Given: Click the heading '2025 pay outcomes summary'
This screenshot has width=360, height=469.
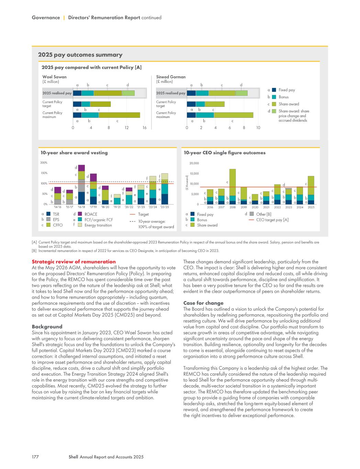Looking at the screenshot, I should [80, 55].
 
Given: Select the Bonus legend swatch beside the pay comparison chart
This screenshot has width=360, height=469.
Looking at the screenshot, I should [274, 97].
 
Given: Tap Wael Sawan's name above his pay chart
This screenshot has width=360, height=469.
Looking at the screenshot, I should [54, 77].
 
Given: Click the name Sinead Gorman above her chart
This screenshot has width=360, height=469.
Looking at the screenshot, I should [171, 77].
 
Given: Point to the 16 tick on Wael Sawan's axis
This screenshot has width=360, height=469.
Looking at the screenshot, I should [144, 128].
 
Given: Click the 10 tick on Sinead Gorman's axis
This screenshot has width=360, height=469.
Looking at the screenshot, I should [258, 128].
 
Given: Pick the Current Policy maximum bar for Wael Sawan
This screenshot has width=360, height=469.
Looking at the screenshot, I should [106, 115].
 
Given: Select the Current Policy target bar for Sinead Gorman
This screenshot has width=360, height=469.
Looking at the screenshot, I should [205, 104].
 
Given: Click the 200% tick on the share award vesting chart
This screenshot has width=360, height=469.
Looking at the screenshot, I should [44, 163].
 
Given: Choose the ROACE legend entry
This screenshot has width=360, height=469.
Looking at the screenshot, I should [91, 214].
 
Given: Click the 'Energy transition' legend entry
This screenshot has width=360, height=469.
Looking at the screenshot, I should [98, 225].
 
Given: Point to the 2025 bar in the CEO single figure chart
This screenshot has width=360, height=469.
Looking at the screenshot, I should [311, 190].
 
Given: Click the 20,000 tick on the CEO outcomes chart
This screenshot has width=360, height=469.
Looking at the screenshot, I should [194, 163].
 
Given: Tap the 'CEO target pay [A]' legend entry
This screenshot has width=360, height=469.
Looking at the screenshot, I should [272, 220].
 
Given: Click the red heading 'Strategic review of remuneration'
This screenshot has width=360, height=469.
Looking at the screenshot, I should [74, 262].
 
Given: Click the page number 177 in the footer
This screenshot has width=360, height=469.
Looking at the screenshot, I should [35, 457].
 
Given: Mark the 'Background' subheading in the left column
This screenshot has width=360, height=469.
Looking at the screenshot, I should [47, 327].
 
